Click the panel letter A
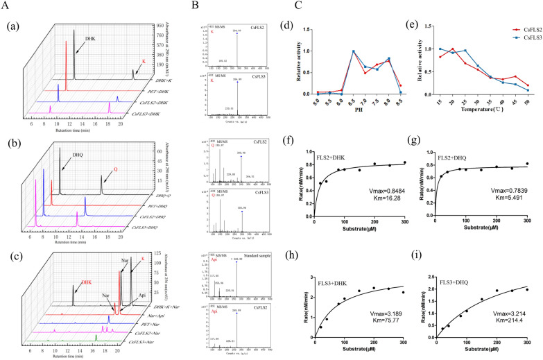point(5,6)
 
